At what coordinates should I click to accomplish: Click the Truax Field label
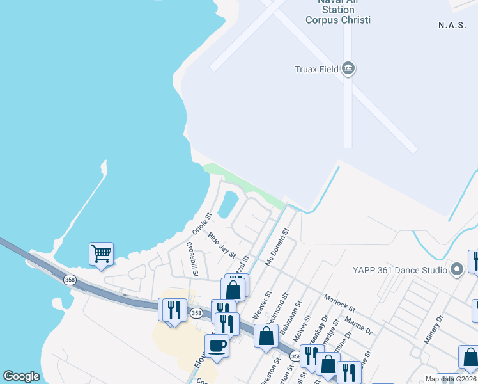point(316,69)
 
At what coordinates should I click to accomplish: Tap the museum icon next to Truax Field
point(348,68)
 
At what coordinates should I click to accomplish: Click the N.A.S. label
point(454,25)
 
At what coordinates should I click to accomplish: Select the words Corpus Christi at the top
point(338,20)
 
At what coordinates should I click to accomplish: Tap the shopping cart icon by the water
point(101,254)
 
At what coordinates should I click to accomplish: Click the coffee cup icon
point(217,346)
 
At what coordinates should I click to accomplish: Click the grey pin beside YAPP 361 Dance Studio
point(456,269)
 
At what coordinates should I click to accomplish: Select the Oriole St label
point(202,223)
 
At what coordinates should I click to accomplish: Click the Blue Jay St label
point(222,245)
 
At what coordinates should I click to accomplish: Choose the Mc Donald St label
point(277,248)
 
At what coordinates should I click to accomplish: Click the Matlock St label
point(339,299)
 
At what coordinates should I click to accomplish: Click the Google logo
point(22,376)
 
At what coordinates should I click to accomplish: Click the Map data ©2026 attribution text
point(450,379)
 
